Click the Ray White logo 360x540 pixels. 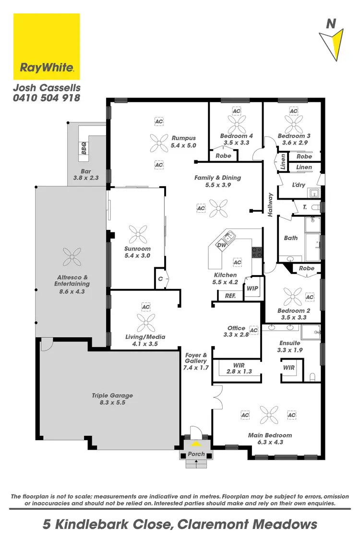click(x=47, y=47)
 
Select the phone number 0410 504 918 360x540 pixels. click(x=46, y=98)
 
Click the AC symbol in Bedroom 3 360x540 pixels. click(x=294, y=111)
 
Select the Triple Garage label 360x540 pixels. click(x=112, y=399)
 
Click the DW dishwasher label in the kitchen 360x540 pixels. click(x=222, y=245)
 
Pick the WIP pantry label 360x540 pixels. click(x=252, y=289)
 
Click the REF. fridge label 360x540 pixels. click(x=230, y=296)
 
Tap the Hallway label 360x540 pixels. click(x=270, y=205)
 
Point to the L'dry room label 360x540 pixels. click(x=299, y=184)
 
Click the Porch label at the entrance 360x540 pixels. click(x=196, y=454)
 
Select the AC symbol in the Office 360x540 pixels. click(x=254, y=330)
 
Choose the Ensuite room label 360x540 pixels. click(x=289, y=347)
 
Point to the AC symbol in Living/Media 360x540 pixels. click(x=146, y=307)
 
